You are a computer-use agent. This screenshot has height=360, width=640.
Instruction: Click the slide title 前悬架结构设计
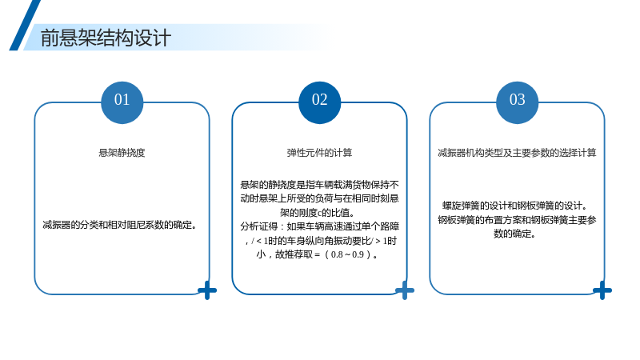(x=106, y=38)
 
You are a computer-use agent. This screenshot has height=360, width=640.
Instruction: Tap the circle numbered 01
(x=122, y=102)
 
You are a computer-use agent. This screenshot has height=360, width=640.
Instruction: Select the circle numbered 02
(x=319, y=102)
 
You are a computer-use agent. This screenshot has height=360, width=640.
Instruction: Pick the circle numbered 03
(x=517, y=102)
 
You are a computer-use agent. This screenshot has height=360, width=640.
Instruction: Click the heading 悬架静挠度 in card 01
(x=122, y=153)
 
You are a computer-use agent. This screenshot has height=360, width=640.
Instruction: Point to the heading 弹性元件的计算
(x=319, y=153)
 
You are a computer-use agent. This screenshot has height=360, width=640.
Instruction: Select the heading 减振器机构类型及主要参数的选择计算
(x=517, y=153)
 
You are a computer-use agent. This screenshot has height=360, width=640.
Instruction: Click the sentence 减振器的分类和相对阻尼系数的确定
(x=120, y=225)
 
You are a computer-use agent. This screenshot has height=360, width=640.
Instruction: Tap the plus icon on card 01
(x=207, y=290)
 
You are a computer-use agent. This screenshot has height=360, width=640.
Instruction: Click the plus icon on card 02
(x=405, y=290)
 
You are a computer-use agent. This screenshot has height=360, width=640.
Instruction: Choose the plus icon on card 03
(x=602, y=290)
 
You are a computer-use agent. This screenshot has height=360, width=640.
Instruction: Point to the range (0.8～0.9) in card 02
(x=348, y=254)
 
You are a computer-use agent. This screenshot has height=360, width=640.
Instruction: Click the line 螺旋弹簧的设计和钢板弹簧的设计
(x=515, y=206)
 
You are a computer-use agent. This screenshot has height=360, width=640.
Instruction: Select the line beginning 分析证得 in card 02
(x=319, y=226)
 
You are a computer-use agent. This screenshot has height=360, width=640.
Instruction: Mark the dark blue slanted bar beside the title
(x=25, y=26)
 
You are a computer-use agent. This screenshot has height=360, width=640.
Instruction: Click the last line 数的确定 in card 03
(x=514, y=234)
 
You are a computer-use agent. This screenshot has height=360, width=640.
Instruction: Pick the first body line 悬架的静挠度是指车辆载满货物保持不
(x=319, y=185)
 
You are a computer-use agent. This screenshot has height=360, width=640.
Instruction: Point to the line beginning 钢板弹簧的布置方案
(x=517, y=220)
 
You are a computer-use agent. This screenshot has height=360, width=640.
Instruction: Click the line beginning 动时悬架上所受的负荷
(x=319, y=198)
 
